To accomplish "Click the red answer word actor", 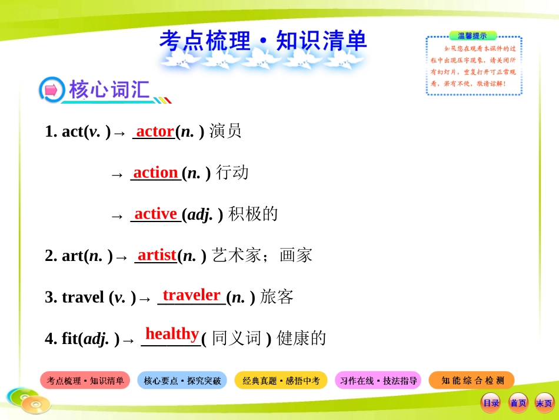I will (155, 131).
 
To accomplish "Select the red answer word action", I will (155, 173).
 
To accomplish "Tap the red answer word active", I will (155, 214).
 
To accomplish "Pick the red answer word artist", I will (157, 255).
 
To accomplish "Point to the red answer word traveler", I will (191, 295).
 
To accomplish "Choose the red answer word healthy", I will (172, 334).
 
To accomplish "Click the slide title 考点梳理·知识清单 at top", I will (263, 41).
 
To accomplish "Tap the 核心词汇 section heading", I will (109, 90).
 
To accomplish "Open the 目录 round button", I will (491, 403).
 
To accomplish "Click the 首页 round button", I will (518, 403).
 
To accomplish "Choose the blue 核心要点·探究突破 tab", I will (182, 381).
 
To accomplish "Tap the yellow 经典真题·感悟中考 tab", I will (281, 381).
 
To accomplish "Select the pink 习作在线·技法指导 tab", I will (378, 381).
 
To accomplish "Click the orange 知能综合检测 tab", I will (471, 381).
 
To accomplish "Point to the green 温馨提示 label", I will (473, 36).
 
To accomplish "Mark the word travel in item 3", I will (82, 297).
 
